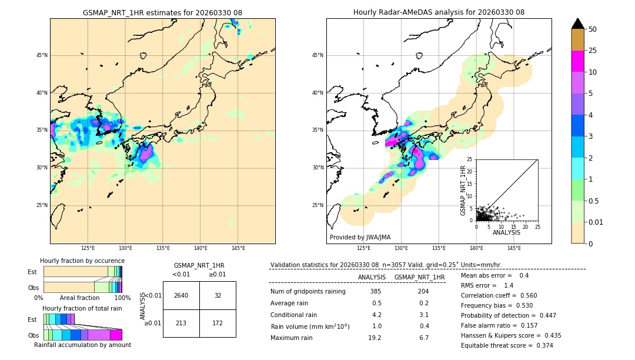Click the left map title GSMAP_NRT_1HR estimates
tap(162, 12)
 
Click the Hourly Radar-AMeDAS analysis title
tap(439, 12)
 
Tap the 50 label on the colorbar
tap(593, 29)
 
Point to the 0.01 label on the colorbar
tap(596, 222)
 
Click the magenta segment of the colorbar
tap(577, 61)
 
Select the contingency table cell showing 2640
tap(181, 295)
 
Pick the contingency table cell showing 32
tap(218, 295)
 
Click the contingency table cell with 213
tap(181, 323)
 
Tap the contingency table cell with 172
tap(218, 323)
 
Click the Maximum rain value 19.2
tap(375, 338)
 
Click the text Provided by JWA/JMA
tap(360, 238)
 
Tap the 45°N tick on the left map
tap(42, 55)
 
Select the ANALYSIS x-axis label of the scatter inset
tap(506, 232)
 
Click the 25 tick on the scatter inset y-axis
tap(470, 159)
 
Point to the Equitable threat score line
tap(507, 345)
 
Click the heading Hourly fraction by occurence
tap(82, 261)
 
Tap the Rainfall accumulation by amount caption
tap(82, 345)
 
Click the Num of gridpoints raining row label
tap(308, 291)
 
